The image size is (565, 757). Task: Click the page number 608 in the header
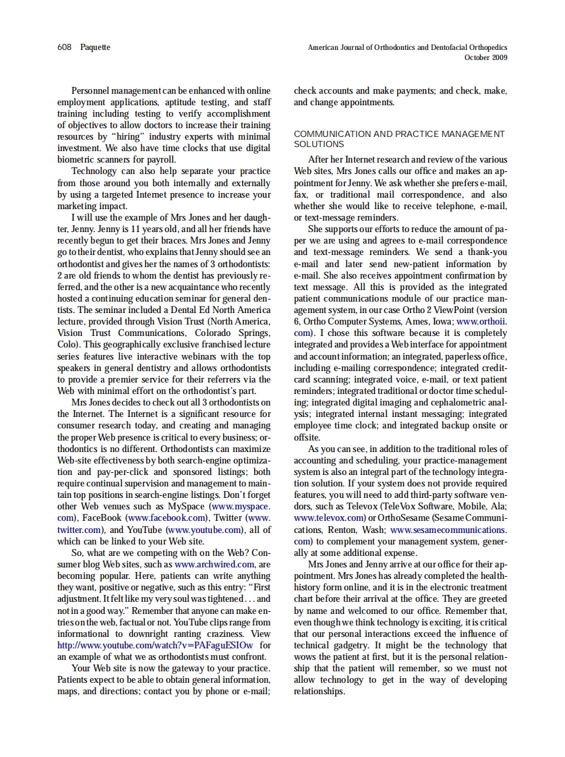[64, 47]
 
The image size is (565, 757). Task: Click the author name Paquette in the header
[95, 47]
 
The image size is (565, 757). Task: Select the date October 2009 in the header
[486, 57]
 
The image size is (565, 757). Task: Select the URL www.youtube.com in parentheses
[206, 530]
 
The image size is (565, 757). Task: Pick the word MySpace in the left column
[185, 506]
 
